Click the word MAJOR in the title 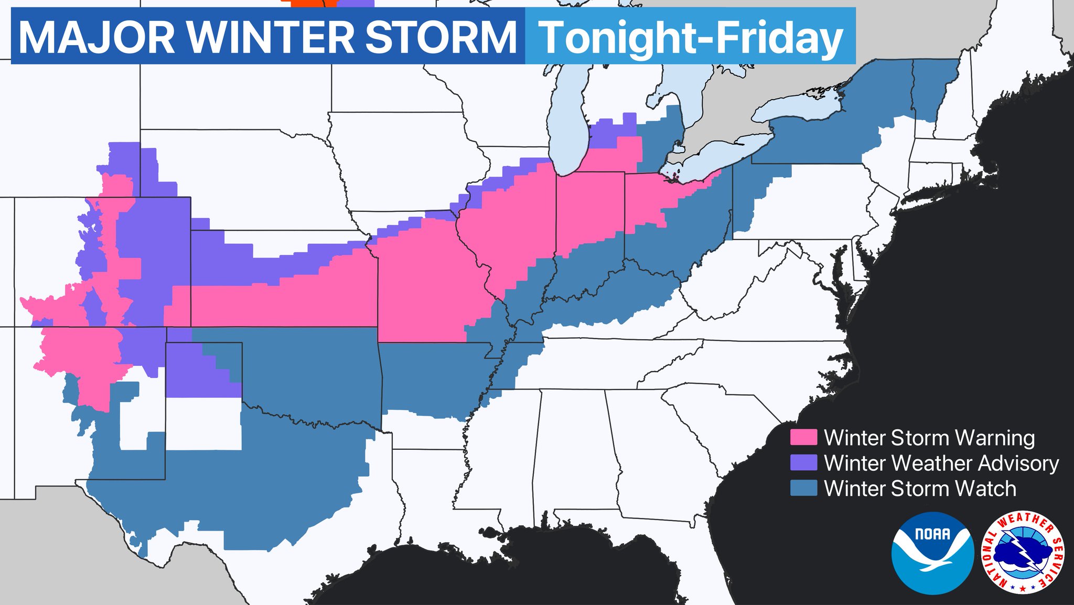pyautogui.click(x=96, y=37)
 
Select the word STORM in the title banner pyautogui.click(x=441, y=37)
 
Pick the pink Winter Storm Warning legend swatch pyautogui.click(x=803, y=438)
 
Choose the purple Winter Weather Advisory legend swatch pyautogui.click(x=803, y=463)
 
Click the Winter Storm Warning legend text pyautogui.click(x=929, y=438)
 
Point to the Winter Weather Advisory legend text pyautogui.click(x=941, y=463)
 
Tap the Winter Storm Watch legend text pyautogui.click(x=920, y=489)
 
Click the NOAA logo pyautogui.click(x=932, y=553)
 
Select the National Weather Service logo pyautogui.click(x=1023, y=553)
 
